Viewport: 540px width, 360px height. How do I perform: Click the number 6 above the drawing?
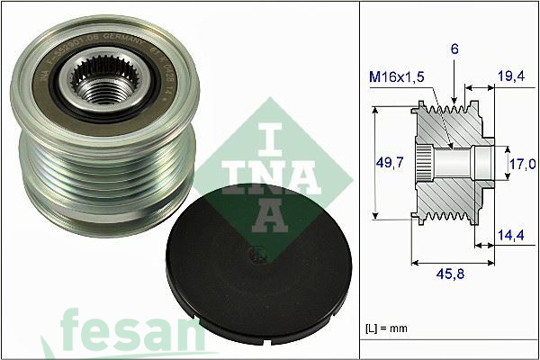point(455,52)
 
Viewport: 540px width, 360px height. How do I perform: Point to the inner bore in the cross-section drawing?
point(450,163)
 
